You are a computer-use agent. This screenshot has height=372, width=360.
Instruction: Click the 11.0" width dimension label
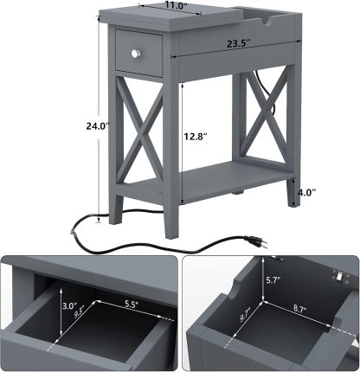pos(152,5)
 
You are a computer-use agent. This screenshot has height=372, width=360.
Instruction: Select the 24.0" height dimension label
pos(76,125)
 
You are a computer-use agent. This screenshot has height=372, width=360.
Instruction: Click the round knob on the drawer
pos(135,55)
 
